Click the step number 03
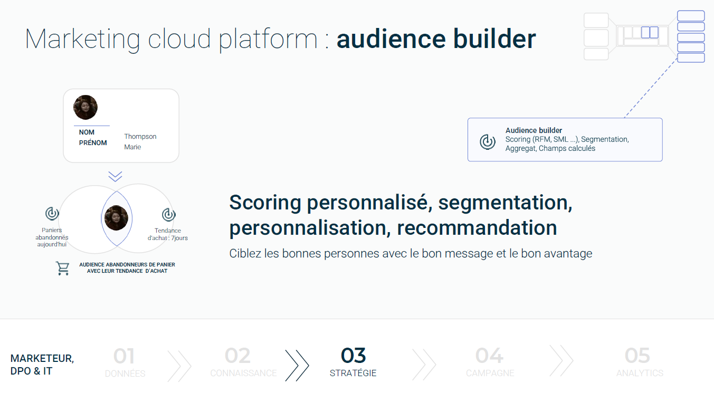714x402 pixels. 353,355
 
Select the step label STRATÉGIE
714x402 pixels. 353,373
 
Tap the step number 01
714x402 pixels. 124,356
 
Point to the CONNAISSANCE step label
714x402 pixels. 243,373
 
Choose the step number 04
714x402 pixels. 489,356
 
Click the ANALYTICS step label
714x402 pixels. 640,373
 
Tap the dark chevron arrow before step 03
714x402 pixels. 297,366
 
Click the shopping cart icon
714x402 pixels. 62,268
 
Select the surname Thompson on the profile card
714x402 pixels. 140,136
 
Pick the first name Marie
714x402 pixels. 132,147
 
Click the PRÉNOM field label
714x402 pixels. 93,143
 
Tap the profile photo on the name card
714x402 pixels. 85,107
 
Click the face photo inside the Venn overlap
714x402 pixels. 116,218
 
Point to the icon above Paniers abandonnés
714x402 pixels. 52,214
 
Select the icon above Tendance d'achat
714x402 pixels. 169,214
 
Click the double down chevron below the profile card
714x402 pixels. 115,177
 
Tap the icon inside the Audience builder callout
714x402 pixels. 488,142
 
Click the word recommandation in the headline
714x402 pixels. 477,227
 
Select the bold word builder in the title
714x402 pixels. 494,39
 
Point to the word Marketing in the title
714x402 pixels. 82,40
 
